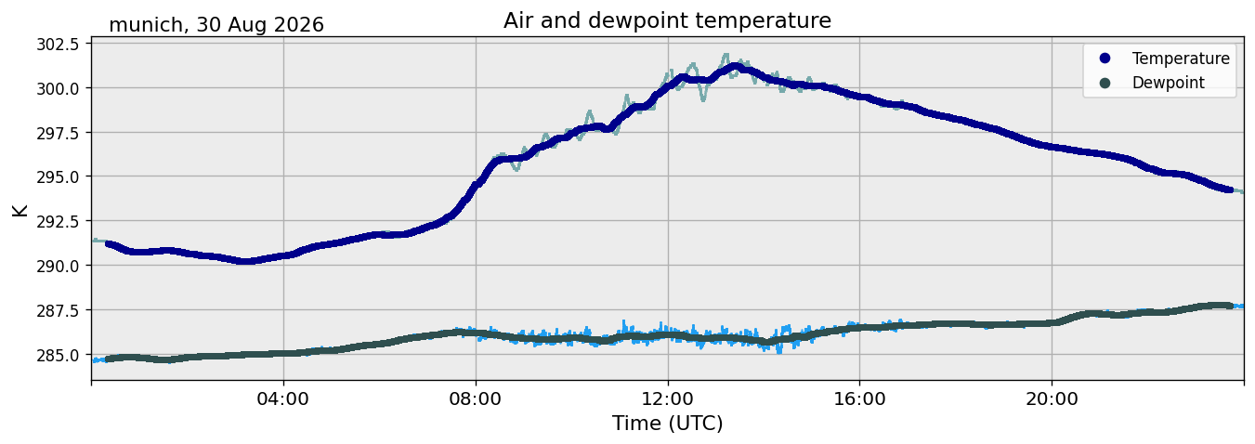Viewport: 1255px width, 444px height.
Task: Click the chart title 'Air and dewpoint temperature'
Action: tap(667, 20)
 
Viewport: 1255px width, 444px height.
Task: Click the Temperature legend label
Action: tap(1181, 59)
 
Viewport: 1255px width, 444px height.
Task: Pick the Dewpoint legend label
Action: tap(1169, 83)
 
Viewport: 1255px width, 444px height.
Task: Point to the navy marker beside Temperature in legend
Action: tap(1105, 59)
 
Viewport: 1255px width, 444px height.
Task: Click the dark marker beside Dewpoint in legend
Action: tap(1105, 83)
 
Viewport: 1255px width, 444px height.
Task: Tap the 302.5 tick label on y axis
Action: tap(58, 45)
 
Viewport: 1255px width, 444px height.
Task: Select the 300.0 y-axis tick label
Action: tap(58, 88)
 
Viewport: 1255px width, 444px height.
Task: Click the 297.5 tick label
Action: tap(58, 133)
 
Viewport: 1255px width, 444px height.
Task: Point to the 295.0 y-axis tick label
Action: tap(58, 176)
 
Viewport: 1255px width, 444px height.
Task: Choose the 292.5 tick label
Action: tap(58, 221)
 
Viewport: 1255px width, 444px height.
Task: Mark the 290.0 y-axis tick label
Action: tap(58, 266)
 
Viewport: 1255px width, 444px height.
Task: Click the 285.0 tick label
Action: tap(58, 355)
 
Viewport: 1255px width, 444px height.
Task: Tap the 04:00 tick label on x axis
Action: tap(283, 399)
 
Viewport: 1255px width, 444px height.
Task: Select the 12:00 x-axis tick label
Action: tap(668, 399)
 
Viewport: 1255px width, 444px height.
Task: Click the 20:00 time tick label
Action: tap(1052, 399)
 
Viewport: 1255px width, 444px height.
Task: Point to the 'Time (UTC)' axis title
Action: tap(667, 424)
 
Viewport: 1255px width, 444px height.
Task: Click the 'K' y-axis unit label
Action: tap(20, 210)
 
